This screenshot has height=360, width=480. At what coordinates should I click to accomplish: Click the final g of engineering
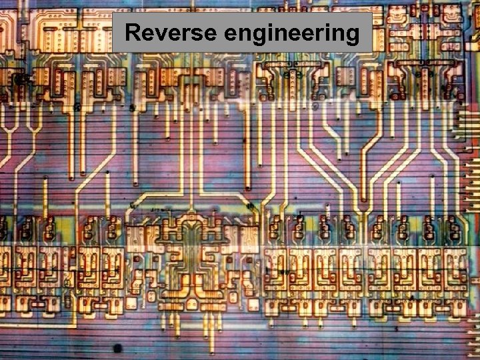pyautogui.click(x=351, y=35)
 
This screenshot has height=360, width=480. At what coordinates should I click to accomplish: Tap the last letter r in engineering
pyautogui.click(x=317, y=33)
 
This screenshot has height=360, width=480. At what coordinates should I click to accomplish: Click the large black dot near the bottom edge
pyautogui.click(x=117, y=347)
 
